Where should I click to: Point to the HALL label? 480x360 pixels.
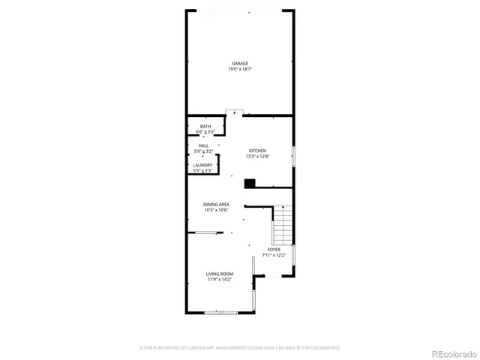point(203,145)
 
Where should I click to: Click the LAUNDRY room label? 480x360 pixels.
point(202,165)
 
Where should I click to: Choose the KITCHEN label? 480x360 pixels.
point(257,151)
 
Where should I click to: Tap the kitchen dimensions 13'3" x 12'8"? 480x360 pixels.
point(257,156)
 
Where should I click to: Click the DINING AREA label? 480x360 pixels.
point(216,204)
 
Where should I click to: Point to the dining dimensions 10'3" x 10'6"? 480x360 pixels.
point(216,210)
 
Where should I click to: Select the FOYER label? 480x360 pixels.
point(274,249)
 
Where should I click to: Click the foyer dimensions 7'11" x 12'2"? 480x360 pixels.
point(274,255)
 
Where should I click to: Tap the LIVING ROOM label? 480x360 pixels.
point(220,274)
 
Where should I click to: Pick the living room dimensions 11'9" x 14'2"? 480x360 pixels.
point(220,280)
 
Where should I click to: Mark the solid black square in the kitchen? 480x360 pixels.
point(250,182)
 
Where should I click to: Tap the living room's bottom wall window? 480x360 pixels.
point(220,311)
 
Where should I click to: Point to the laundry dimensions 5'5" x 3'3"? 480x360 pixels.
point(202,170)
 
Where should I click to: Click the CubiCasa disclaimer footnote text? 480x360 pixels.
point(239,348)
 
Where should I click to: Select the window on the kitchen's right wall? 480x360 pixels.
point(293,156)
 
